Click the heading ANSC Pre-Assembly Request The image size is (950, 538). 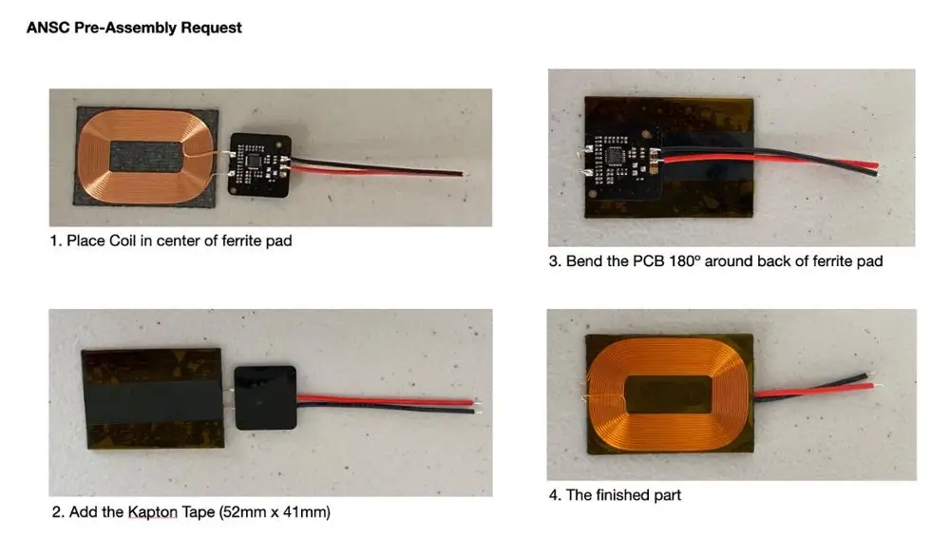pos(134,28)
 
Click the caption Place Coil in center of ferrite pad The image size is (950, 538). pos(171,240)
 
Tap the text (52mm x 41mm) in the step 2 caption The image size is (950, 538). pos(275,513)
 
